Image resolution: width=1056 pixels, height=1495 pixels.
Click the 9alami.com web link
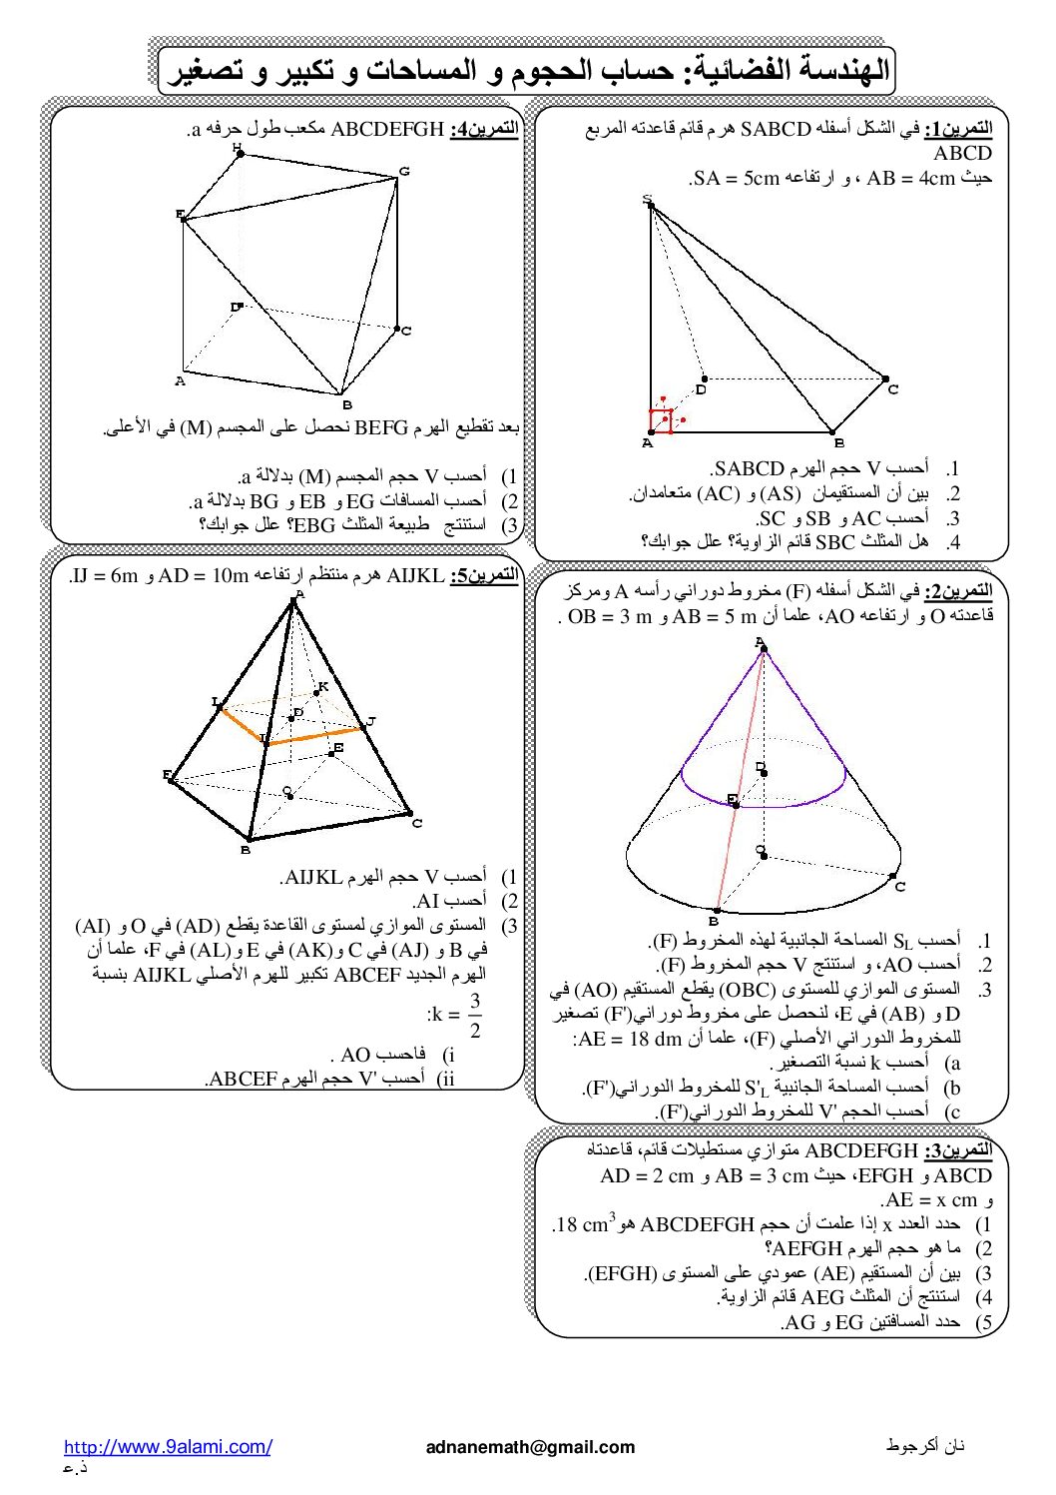[168, 1446]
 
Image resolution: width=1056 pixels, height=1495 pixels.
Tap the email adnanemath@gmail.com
[529, 1446]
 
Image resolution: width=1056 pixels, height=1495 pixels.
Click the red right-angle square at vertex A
[660, 420]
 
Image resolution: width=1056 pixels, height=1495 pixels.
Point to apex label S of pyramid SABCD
[647, 200]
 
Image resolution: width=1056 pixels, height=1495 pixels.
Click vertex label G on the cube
[404, 172]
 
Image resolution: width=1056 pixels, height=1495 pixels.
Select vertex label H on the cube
[237, 148]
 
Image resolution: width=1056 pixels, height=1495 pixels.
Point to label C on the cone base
[899, 887]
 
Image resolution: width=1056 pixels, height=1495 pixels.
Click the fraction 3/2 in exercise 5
[475, 1015]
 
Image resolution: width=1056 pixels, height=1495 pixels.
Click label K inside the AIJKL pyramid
[322, 685]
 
